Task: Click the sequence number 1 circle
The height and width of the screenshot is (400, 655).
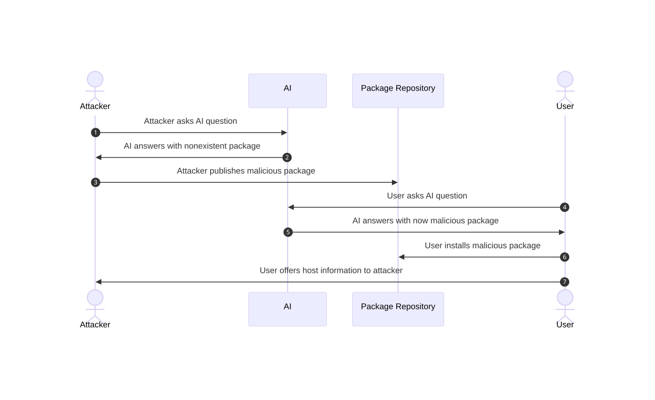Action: tap(96, 133)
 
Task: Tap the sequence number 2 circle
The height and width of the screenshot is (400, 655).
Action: tap(287, 158)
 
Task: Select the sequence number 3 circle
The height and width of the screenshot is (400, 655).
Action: tap(96, 182)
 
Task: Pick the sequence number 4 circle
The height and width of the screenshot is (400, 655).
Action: tap(564, 207)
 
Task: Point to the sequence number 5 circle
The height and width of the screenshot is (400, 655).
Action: tap(288, 232)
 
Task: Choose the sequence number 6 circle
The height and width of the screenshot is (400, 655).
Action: tap(564, 257)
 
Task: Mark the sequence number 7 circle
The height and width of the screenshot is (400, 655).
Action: tap(564, 282)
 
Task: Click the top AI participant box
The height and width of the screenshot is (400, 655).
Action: tap(288, 91)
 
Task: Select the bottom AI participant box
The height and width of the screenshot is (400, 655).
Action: tap(288, 309)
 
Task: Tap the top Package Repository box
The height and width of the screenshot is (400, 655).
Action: tap(398, 91)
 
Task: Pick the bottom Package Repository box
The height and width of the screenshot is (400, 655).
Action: tap(398, 309)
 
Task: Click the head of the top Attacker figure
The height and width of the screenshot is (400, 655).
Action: tap(95, 79)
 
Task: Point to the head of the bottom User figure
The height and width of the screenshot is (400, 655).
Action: tap(565, 297)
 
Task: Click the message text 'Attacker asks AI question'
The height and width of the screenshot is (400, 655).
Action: tap(190, 121)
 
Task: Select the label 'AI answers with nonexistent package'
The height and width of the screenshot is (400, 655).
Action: tap(192, 146)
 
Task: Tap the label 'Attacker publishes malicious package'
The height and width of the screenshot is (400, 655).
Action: tap(246, 171)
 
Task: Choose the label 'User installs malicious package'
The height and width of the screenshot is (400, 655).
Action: tap(483, 246)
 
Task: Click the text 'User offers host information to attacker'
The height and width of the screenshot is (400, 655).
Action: tap(331, 271)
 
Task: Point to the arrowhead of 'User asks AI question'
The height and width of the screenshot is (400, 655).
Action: tap(291, 207)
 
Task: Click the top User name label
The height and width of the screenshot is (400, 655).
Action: tap(565, 106)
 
